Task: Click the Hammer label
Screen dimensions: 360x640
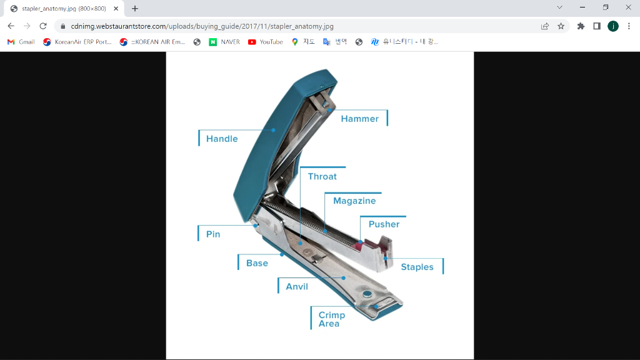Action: coord(359,119)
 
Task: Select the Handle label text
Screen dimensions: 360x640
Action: coord(222,139)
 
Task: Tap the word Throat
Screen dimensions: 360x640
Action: coord(322,177)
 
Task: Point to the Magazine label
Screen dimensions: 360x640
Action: coord(354,201)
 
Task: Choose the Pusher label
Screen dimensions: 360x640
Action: coord(384,224)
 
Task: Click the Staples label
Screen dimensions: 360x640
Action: coord(417,267)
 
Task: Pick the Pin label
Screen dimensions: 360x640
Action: coord(213,234)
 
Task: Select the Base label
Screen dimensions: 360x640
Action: coord(257,263)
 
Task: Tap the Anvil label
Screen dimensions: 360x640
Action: coord(297,286)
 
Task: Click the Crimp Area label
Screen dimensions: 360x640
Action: coord(331,319)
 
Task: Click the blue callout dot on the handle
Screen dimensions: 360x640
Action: coord(274,130)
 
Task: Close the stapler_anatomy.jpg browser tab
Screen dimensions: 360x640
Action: coord(116,8)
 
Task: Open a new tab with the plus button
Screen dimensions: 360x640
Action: coord(135,8)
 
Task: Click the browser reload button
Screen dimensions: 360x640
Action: coord(43,26)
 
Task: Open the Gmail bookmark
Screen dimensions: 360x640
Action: coord(21,42)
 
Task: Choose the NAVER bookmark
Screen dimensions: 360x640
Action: coord(224,42)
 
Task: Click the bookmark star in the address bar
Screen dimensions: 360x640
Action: coord(561,26)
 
